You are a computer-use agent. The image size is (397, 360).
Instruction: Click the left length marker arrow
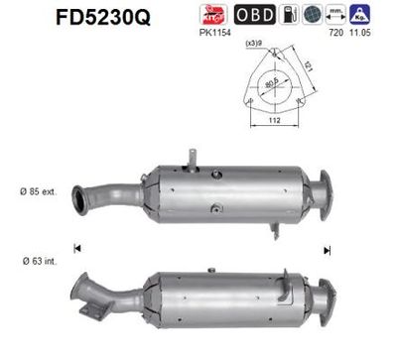point(77,246)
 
